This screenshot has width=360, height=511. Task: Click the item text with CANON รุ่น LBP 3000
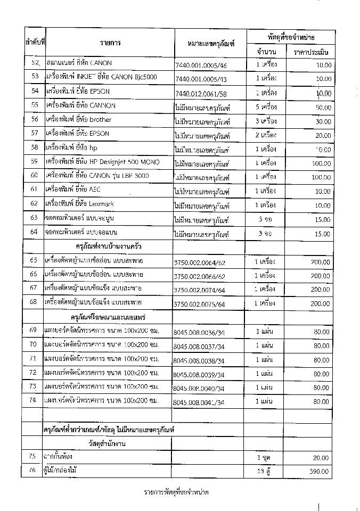(x=97, y=175)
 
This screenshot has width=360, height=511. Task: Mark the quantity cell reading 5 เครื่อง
(x=265, y=105)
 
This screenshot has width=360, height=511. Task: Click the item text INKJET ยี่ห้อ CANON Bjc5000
(x=101, y=77)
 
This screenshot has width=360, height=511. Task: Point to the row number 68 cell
(x=35, y=302)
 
